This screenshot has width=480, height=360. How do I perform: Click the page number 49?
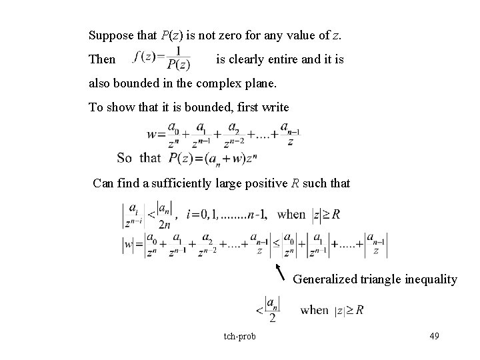click(x=434, y=335)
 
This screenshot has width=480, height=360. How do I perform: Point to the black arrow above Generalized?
click(x=282, y=271)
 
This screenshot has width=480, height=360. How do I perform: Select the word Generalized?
click(x=323, y=279)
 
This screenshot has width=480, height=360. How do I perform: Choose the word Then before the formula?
click(x=101, y=59)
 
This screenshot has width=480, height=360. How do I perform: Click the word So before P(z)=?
click(x=124, y=158)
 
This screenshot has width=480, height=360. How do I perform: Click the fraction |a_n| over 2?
click(x=272, y=310)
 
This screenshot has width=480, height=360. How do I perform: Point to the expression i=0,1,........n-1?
click(x=223, y=215)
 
